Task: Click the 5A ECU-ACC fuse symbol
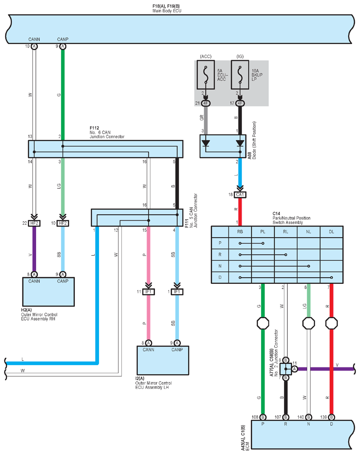[x=206, y=74]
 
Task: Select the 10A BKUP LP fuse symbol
[x=240, y=74]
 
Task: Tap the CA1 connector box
[x=240, y=194]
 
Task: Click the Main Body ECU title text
[x=167, y=11]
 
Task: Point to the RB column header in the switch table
[x=240, y=231]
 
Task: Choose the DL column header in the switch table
[x=331, y=231]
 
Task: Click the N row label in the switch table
[x=220, y=266]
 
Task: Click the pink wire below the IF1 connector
[x=148, y=317]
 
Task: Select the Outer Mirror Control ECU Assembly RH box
[x=48, y=292]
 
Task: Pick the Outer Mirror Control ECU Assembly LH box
[x=163, y=360]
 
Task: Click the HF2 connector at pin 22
[x=34, y=223]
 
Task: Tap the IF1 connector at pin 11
[x=148, y=292]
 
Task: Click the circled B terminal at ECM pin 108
[x=263, y=417]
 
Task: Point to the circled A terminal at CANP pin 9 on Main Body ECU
[x=62, y=47]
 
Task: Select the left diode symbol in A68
[x=206, y=143]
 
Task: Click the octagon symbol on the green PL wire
[x=263, y=323]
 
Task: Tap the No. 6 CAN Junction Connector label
[x=107, y=134]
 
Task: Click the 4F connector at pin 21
[x=206, y=103]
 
